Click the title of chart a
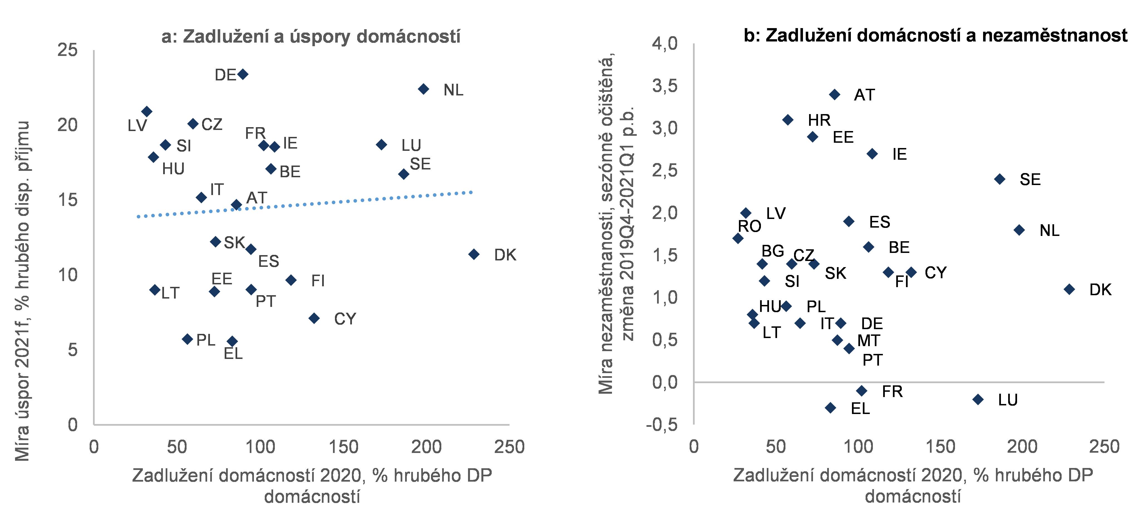(311, 36)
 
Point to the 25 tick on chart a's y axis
(67, 50)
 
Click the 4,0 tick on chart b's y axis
(665, 44)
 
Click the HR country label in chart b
(819, 120)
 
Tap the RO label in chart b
(749, 226)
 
